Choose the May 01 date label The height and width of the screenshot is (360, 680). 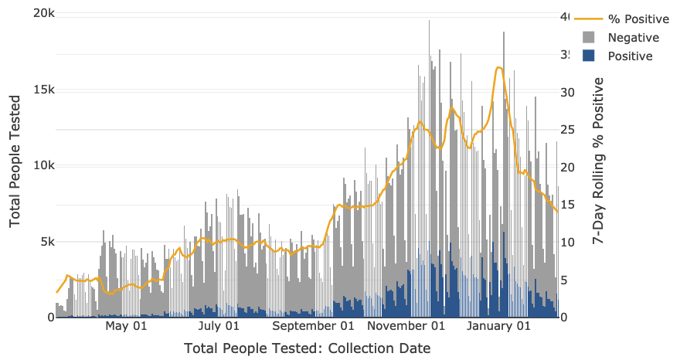pos(126,326)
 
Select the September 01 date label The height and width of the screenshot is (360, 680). pos(313,326)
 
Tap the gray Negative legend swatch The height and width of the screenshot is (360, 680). pos(589,37)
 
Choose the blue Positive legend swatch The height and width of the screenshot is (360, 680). pos(589,56)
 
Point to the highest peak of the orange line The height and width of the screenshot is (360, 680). pos(499,68)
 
